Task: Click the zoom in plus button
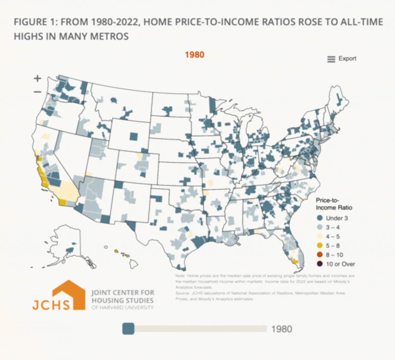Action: (37, 78)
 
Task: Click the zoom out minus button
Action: (37, 92)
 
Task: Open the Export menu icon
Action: (331, 59)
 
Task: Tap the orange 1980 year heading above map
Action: (195, 55)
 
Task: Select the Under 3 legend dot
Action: (320, 218)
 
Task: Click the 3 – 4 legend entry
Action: (333, 227)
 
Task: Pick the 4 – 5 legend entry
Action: (333, 237)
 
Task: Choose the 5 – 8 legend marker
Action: (320, 246)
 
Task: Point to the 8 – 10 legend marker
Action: (320, 255)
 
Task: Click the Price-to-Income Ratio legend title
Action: (334, 204)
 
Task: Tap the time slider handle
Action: (128, 329)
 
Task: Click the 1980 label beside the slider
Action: (282, 329)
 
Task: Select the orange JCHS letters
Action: (51, 305)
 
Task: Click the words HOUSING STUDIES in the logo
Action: (122, 301)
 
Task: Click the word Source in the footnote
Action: (182, 293)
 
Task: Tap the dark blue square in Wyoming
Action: (134, 136)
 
